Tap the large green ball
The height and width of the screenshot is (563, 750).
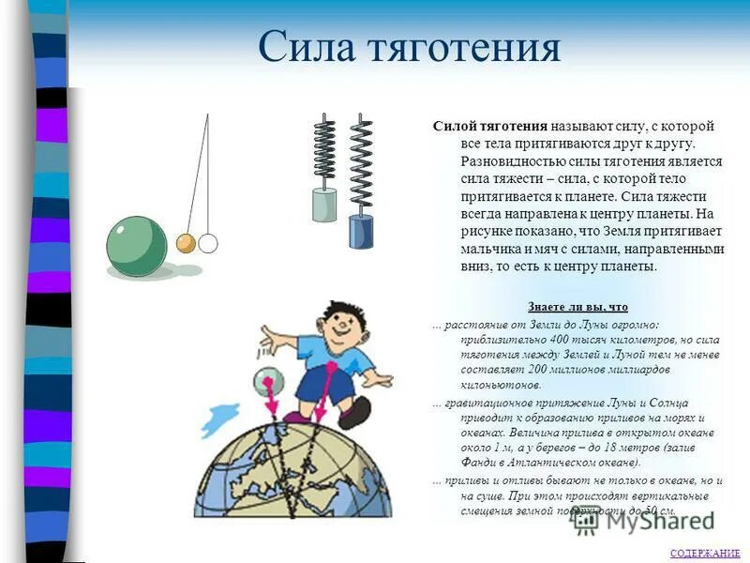(136, 246)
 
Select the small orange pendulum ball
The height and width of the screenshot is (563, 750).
(186, 244)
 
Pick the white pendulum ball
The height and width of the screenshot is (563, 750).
(207, 244)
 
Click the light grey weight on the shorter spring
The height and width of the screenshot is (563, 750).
(324, 204)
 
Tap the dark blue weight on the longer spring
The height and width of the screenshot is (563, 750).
(361, 231)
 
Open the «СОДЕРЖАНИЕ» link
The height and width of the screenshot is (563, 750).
(705, 554)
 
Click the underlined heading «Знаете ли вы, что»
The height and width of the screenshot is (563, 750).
(577, 307)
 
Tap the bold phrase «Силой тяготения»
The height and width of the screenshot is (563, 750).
(489, 126)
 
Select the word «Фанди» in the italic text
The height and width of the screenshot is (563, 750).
(479, 462)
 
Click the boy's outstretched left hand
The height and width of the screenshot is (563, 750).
(266, 334)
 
